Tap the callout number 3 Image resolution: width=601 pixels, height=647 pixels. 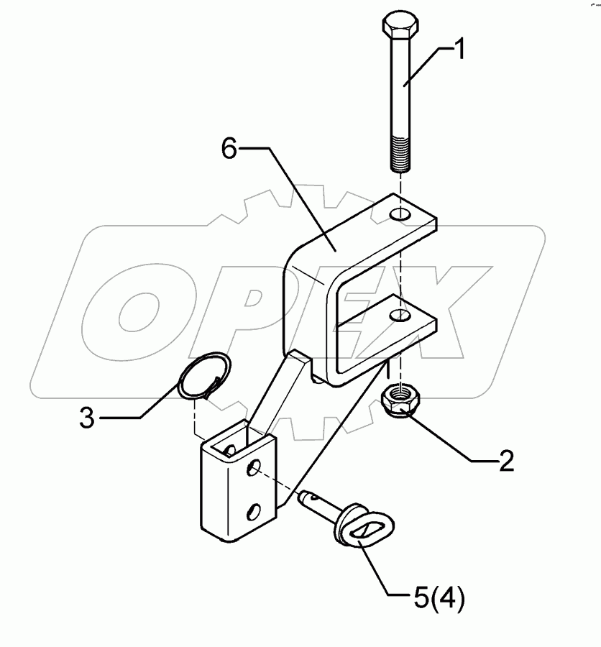tap(87, 418)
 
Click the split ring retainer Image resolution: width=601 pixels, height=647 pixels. tap(205, 375)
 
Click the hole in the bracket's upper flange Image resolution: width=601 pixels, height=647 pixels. tap(400, 214)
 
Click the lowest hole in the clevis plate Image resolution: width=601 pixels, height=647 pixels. tap(254, 511)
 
